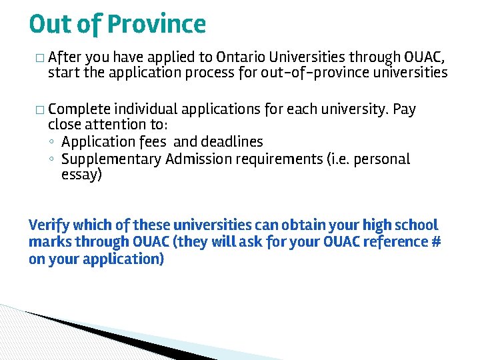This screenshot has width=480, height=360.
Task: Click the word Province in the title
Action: (157, 25)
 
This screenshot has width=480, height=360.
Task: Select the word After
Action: (65, 56)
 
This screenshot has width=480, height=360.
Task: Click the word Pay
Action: (405, 109)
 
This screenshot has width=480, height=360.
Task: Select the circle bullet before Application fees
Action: (52, 142)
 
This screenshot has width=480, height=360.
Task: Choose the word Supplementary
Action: (111, 159)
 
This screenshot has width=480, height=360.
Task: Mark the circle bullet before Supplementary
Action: (52, 159)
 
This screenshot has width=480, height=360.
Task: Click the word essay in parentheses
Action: (80, 176)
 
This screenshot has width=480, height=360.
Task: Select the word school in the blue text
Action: (417, 225)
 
